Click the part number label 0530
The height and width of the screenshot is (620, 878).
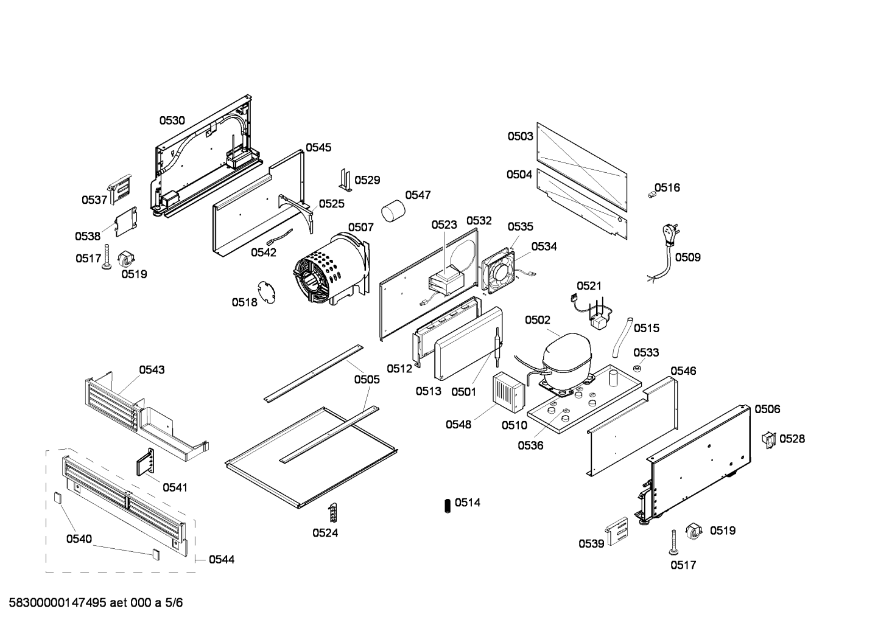click(x=172, y=120)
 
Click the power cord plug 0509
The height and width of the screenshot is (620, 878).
click(x=669, y=234)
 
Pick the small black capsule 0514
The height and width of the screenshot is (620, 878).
click(x=448, y=505)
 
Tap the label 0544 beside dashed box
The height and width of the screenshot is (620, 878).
click(x=221, y=559)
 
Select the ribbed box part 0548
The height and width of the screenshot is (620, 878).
click(x=508, y=389)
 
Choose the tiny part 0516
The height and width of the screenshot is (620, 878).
click(x=650, y=193)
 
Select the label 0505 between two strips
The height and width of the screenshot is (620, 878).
click(x=367, y=380)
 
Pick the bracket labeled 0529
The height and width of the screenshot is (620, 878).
click(x=345, y=179)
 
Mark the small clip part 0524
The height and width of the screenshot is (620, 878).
click(x=332, y=512)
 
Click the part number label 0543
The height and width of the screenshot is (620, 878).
click(x=152, y=369)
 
